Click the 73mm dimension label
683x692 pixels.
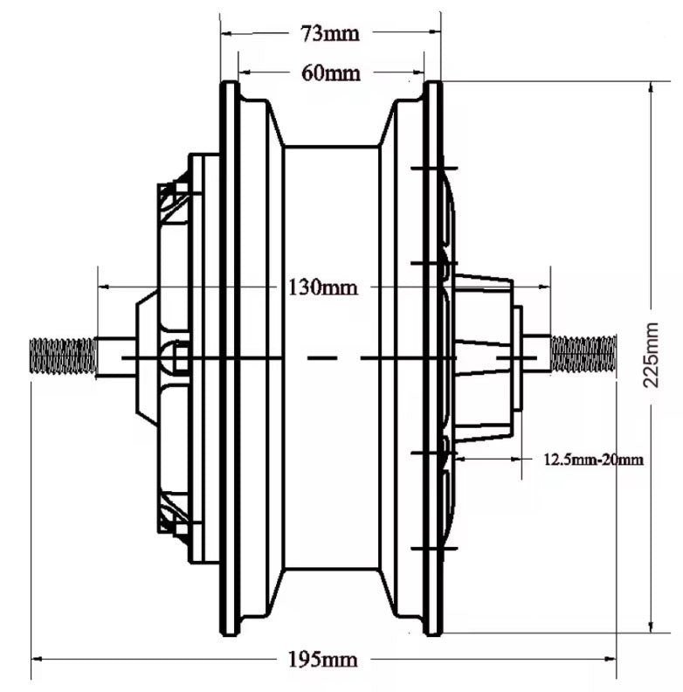330,34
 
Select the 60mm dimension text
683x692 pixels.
330,73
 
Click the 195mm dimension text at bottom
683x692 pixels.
321,659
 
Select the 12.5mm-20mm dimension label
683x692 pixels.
593,459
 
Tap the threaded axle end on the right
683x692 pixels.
583,353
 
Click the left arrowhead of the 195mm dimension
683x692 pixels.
38,659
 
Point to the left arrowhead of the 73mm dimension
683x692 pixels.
225,34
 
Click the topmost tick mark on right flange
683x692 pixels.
433,167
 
